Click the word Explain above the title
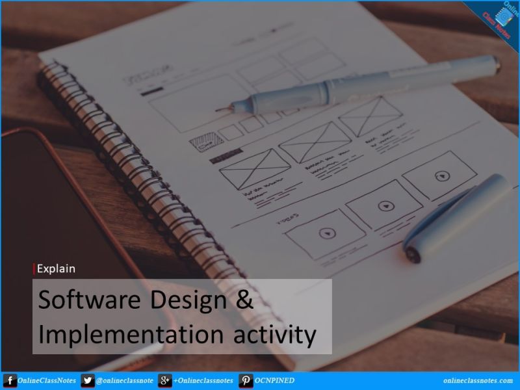click(x=57, y=268)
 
